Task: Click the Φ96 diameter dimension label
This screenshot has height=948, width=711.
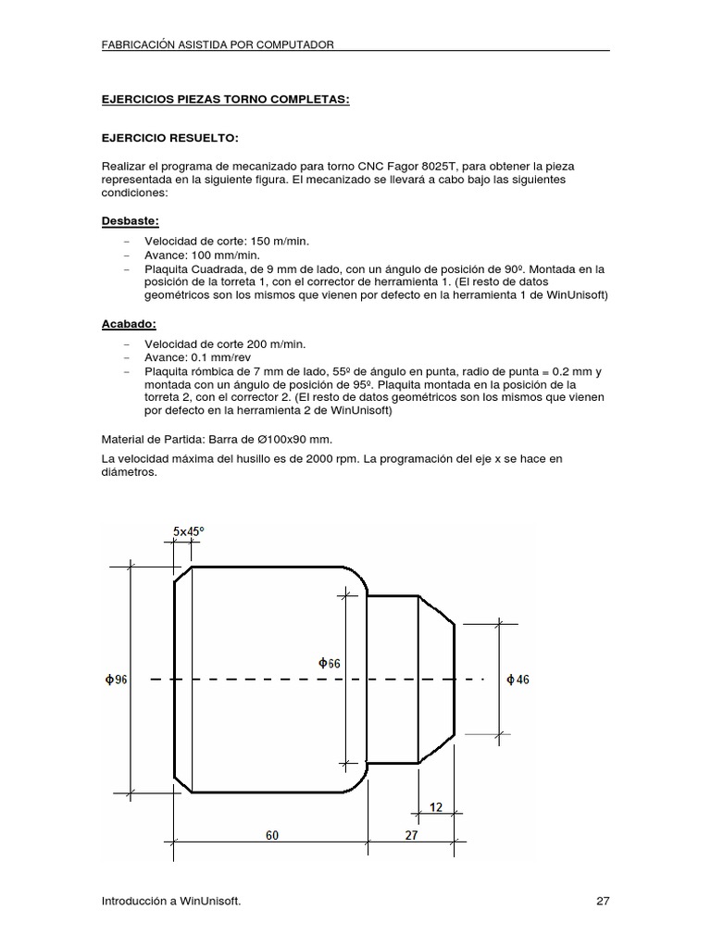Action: tap(117, 680)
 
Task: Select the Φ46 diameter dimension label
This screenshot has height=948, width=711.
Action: tap(518, 680)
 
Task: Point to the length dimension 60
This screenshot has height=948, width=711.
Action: tap(272, 834)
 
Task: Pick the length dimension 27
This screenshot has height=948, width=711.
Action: tap(411, 834)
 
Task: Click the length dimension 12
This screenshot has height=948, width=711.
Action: tap(434, 807)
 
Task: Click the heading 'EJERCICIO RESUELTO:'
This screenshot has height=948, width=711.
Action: tap(169, 138)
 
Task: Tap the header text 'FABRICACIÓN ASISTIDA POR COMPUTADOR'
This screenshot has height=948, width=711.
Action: tap(218, 44)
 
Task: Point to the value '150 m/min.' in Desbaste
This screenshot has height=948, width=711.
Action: tap(253, 241)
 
